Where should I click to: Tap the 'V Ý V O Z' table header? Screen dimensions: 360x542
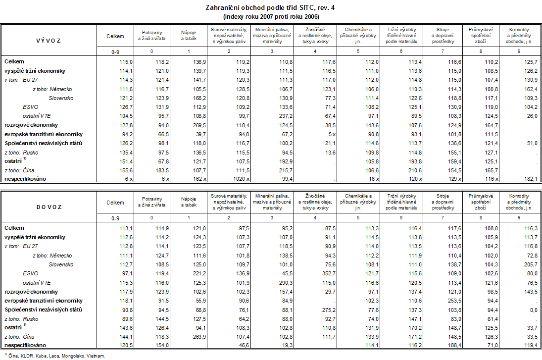[49, 40]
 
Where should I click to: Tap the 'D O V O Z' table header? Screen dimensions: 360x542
[49, 206]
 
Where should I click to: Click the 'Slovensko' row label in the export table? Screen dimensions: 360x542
[61, 98]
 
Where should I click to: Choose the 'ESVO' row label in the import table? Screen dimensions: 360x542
[29, 273]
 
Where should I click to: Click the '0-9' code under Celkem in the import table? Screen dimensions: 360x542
[115, 218]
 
